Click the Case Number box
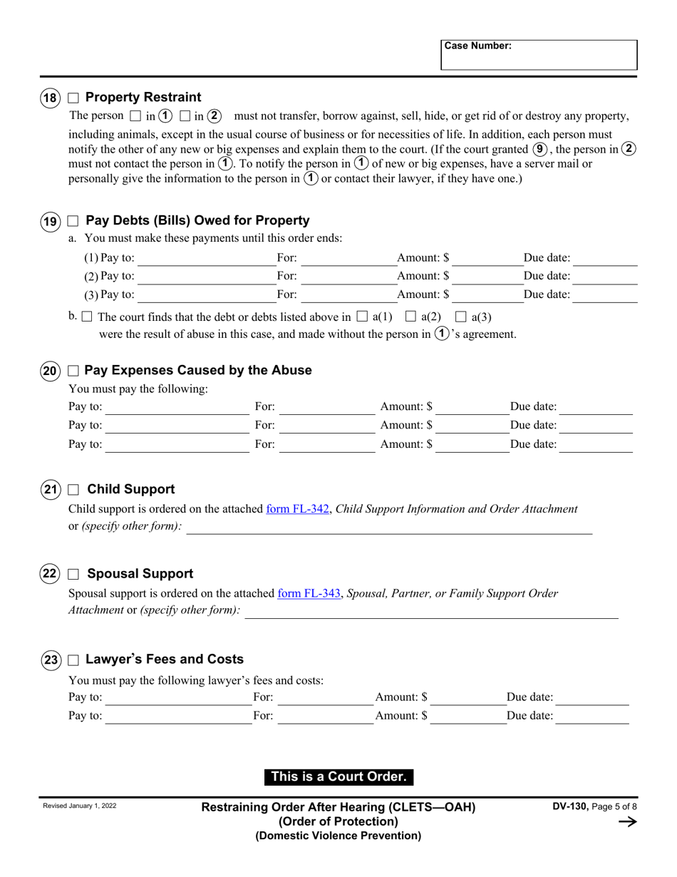point(539,55)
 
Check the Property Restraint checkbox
point(73,98)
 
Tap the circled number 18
point(50,98)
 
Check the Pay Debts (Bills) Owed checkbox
point(73,221)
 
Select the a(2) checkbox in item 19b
point(410,316)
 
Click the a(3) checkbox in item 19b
point(461,316)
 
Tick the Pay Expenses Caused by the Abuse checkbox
point(73,371)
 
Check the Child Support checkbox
point(73,490)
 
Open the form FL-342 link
point(297,509)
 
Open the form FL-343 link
point(309,593)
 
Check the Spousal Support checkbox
point(73,574)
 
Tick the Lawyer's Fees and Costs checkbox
point(73,660)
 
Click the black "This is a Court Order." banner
point(338,776)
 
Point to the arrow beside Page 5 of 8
point(627,822)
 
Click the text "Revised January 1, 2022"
point(80,806)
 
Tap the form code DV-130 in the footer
point(569,806)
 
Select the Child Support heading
point(130,490)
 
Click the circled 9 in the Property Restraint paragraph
point(539,150)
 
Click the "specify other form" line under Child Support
point(388,528)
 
